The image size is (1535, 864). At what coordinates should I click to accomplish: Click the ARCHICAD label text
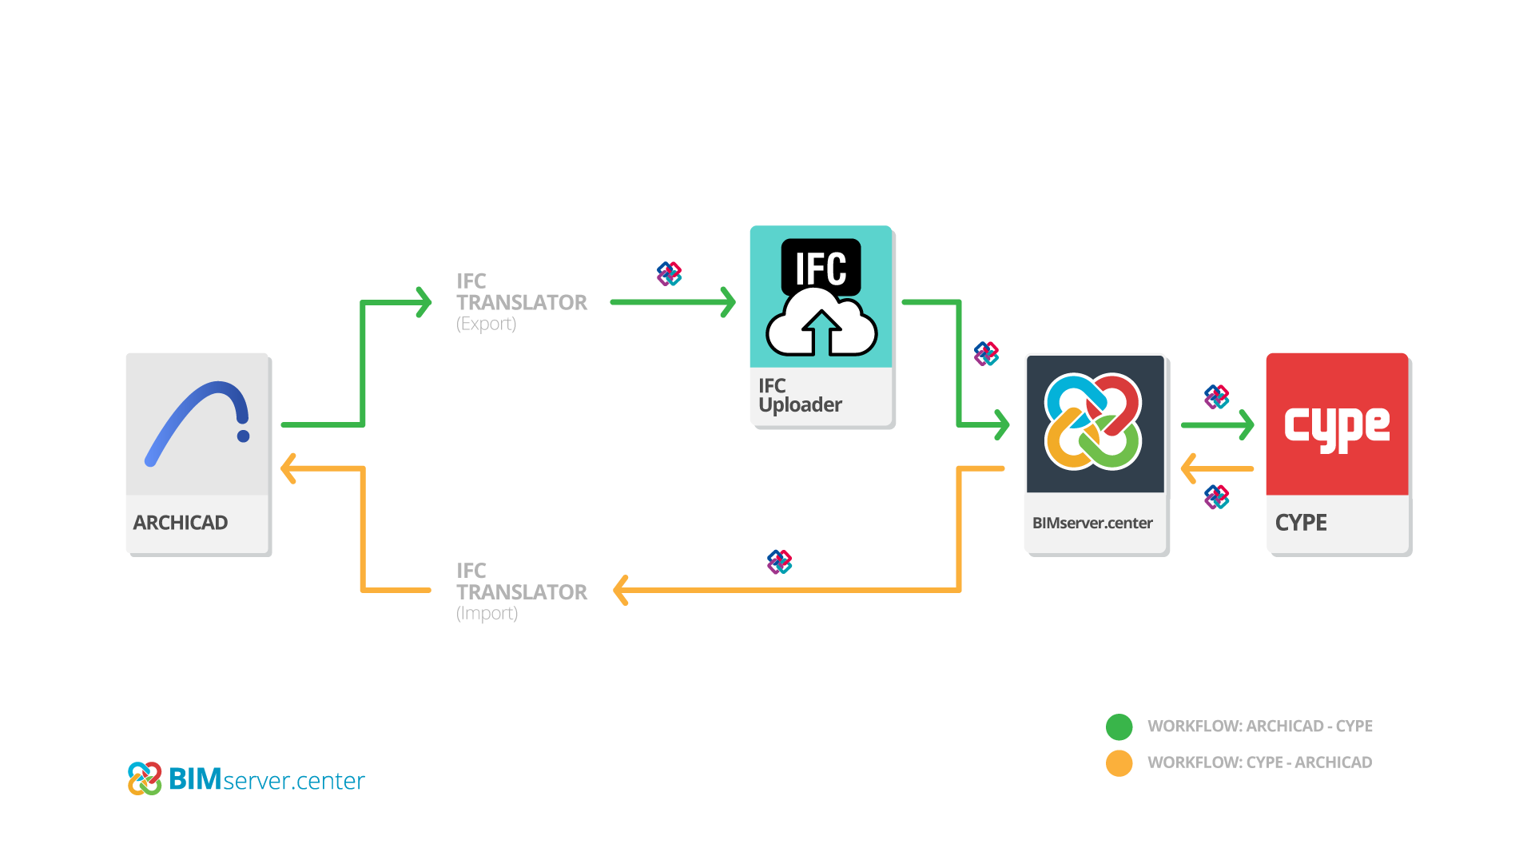tap(181, 523)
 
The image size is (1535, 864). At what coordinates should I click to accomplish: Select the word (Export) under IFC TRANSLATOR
tap(486, 324)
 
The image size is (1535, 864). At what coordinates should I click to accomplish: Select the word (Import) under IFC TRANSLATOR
tap(487, 613)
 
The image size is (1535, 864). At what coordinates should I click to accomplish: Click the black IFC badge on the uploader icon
tap(821, 267)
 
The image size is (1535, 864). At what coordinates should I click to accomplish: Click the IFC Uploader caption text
tap(799, 396)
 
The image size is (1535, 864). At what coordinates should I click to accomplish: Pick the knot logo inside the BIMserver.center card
tap(1092, 421)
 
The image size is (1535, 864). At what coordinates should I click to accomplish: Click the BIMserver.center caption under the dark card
tap(1092, 524)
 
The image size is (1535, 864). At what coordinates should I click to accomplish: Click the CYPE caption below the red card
tap(1301, 523)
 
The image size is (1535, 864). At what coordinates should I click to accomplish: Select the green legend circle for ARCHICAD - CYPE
tap(1119, 727)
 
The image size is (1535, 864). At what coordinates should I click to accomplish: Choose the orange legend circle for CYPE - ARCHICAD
tap(1119, 763)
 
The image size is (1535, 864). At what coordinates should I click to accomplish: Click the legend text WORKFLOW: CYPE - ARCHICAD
tap(1259, 762)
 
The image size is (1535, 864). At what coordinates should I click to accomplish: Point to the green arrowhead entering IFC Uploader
tap(728, 302)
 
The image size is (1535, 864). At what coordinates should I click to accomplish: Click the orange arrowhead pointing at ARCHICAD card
tap(288, 468)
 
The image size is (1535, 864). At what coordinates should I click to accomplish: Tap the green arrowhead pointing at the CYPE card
tap(1246, 425)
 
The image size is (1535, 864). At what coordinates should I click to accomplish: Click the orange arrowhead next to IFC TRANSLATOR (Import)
tap(621, 591)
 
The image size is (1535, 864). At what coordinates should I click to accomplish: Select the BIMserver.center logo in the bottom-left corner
tap(245, 778)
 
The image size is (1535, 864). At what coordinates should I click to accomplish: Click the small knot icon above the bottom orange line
tap(779, 562)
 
